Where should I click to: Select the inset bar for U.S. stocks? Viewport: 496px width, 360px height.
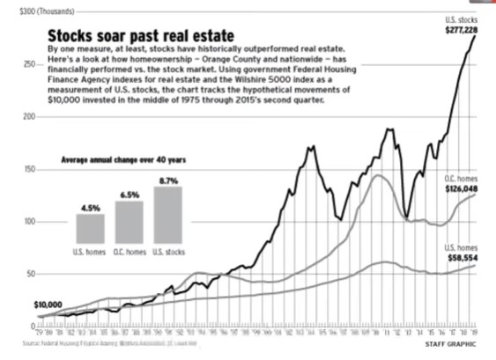click(x=167, y=215)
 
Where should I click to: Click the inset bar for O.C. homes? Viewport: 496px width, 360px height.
click(x=129, y=223)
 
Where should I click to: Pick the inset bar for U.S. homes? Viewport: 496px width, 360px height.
click(x=90, y=229)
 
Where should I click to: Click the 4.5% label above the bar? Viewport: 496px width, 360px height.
click(x=90, y=207)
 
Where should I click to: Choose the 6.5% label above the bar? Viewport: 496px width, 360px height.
click(x=129, y=195)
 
